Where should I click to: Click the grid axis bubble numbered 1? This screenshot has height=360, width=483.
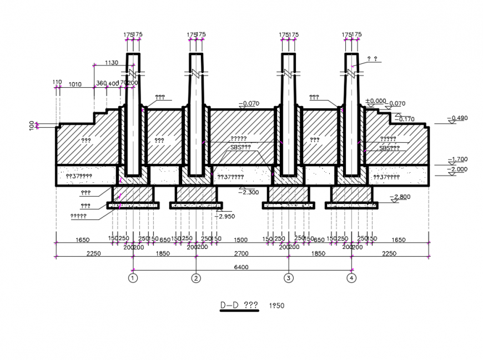pyautogui.click(x=133, y=278)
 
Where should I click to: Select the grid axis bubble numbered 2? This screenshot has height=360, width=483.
pyautogui.click(x=195, y=278)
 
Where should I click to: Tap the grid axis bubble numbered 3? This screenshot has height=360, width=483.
pyautogui.click(x=288, y=278)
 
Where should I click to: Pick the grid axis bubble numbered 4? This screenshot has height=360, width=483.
pyautogui.click(x=351, y=278)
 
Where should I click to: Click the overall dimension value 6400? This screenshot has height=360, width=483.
pyautogui.click(x=241, y=267)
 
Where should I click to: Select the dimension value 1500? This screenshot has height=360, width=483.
pyautogui.click(x=241, y=239)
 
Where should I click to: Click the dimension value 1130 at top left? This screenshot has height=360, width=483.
pyautogui.click(x=111, y=63)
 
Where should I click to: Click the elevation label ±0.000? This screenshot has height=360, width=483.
pyautogui.click(x=375, y=101)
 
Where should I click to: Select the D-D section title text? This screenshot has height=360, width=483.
pyautogui.click(x=239, y=305)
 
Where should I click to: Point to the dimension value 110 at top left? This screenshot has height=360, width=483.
pyautogui.click(x=57, y=82)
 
